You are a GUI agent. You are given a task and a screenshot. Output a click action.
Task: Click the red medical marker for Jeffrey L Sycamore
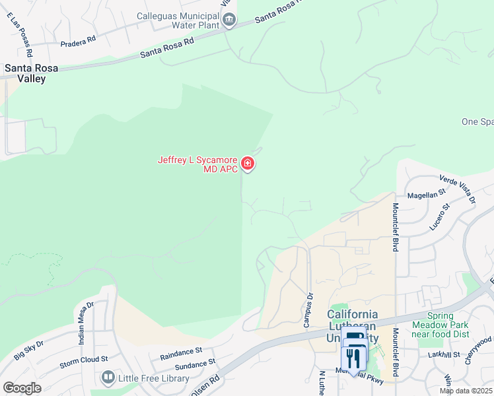click(x=248, y=163)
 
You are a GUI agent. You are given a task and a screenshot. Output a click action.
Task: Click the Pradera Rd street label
click(x=78, y=40)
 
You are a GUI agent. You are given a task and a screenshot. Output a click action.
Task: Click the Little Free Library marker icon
click(x=108, y=378)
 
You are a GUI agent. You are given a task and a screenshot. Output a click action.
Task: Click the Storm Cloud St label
click(x=83, y=360)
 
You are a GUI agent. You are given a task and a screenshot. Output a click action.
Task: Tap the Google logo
click(x=22, y=387)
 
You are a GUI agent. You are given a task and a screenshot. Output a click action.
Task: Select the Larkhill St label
click(x=443, y=355)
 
